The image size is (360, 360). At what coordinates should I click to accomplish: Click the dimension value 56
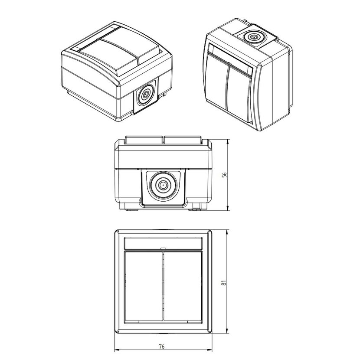click(225, 175)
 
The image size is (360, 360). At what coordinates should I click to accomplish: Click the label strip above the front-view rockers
click(163, 243)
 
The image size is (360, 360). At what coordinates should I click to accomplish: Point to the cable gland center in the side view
click(163, 185)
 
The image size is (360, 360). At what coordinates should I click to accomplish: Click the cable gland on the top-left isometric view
click(145, 95)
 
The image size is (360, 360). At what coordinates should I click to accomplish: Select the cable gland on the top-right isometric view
click(253, 37)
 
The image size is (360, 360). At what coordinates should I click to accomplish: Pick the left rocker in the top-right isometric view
click(216, 80)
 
